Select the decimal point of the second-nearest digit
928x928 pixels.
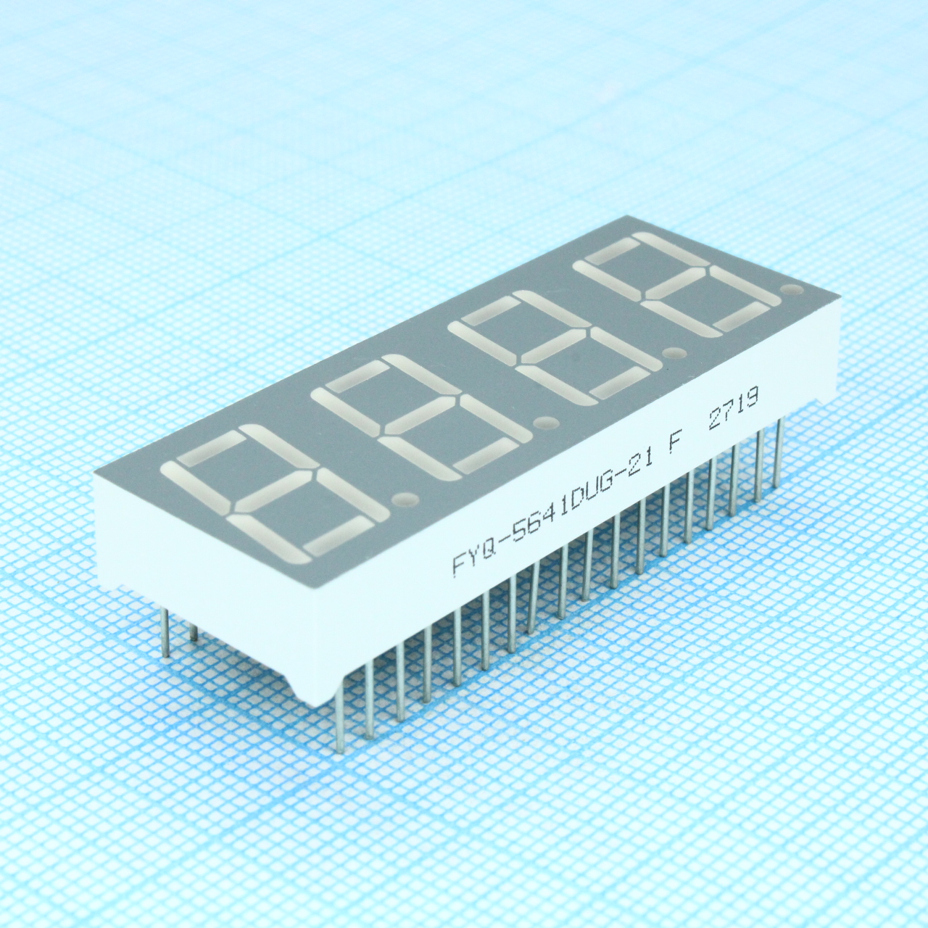(x=546, y=423)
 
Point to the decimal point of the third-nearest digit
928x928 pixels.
(x=675, y=354)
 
